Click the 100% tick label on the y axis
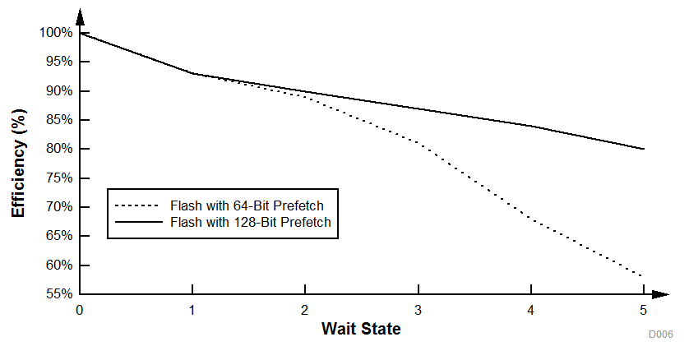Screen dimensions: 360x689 (x=55, y=33)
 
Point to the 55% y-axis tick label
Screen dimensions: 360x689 (x=58, y=294)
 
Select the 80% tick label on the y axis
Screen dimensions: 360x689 (x=58, y=149)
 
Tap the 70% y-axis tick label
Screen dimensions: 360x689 (x=58, y=207)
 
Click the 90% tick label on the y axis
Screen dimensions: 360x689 (x=58, y=91)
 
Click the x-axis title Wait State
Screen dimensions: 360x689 (x=361, y=330)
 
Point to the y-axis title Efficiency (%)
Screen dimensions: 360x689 (x=17, y=164)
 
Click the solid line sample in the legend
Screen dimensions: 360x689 (x=137, y=222)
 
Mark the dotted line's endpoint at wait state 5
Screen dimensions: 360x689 (x=644, y=276)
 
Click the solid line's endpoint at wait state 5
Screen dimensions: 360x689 (x=644, y=149)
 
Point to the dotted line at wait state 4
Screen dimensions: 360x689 (x=531, y=219)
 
